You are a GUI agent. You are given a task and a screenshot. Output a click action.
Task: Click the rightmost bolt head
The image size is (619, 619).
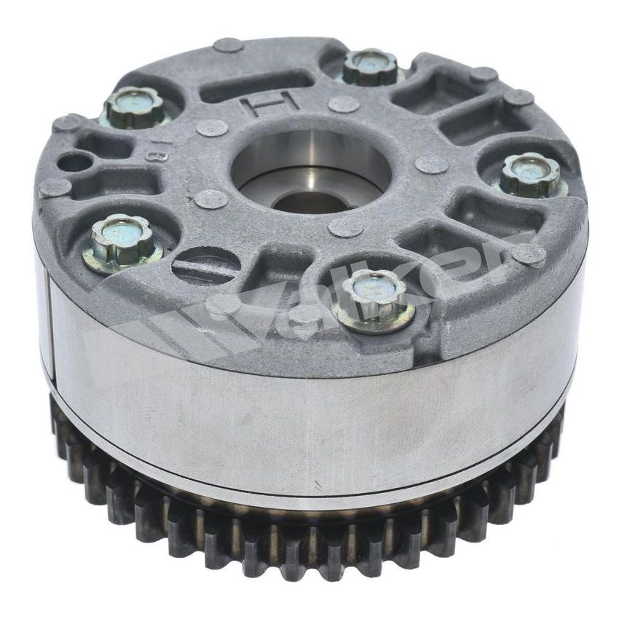(531, 175)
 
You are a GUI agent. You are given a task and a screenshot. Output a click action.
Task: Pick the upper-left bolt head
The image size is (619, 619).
(134, 107)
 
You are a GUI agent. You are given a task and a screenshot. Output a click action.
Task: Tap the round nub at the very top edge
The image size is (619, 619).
(227, 45)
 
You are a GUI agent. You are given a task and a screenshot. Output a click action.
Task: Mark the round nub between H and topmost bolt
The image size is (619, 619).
(343, 103)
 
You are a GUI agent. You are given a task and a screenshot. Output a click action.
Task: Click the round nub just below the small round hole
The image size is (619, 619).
(55, 188)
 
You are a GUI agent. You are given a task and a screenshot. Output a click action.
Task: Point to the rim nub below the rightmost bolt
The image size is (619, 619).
(528, 253)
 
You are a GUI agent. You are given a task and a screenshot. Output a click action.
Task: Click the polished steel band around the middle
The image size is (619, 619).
(306, 430)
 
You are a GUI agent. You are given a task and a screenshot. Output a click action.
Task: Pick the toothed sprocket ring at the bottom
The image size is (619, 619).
(306, 539)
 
